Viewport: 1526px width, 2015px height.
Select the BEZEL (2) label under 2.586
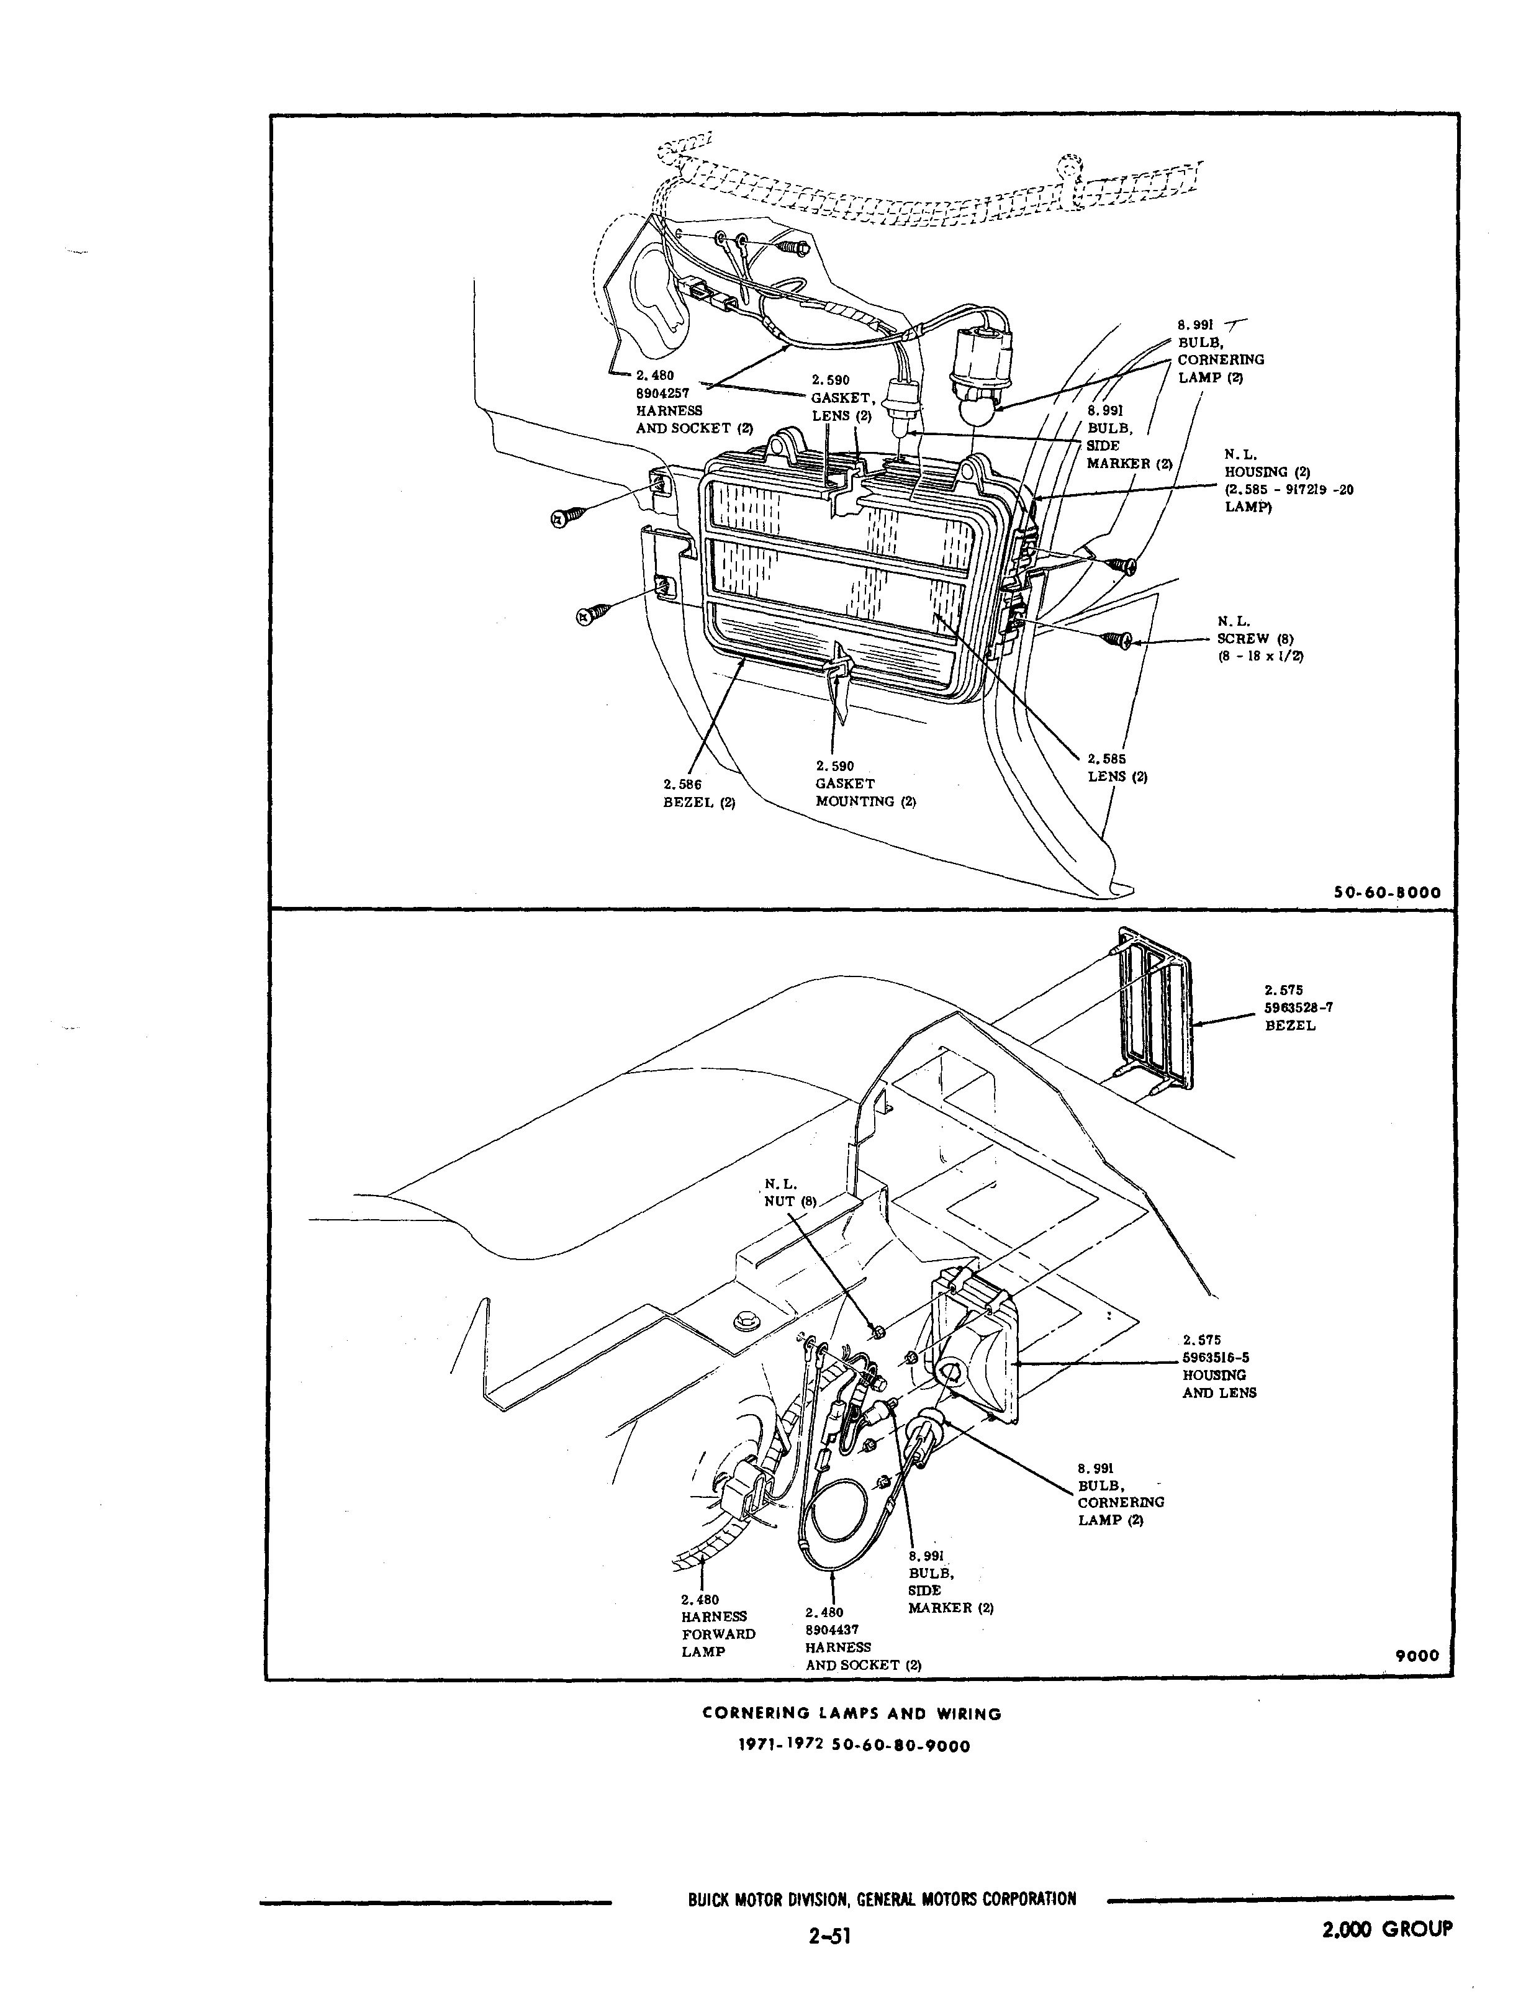click(x=699, y=803)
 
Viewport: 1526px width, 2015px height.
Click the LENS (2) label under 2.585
click(x=1118, y=777)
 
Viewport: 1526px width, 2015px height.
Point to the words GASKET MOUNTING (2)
click(x=865, y=793)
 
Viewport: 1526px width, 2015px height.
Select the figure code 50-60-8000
click(x=1386, y=893)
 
